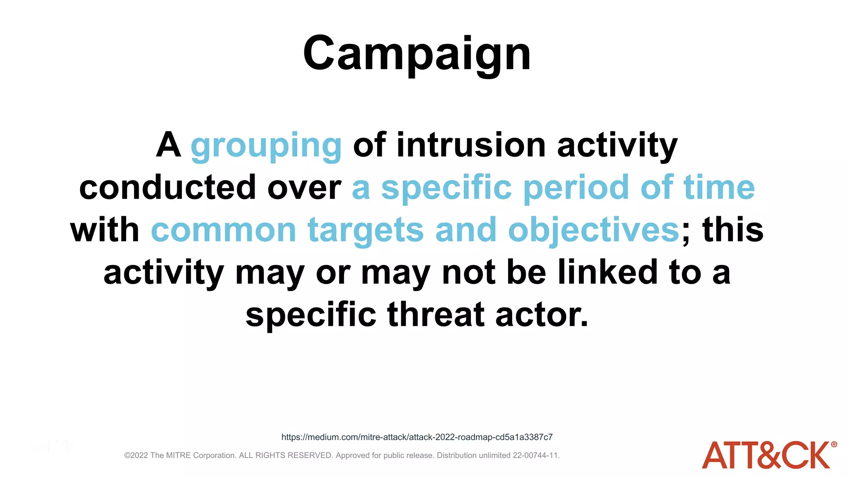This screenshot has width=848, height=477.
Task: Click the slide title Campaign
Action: point(417,54)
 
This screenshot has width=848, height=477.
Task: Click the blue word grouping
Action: point(266,146)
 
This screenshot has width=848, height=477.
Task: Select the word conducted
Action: point(167,188)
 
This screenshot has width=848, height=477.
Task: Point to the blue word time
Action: point(719,188)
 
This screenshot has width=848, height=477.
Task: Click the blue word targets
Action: point(366,231)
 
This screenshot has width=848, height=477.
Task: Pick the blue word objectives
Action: point(593,231)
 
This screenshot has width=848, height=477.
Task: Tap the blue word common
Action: point(224,231)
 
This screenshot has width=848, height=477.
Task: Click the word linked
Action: point(607,272)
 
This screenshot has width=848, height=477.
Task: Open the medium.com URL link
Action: point(417,437)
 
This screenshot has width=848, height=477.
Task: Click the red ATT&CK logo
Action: point(766,455)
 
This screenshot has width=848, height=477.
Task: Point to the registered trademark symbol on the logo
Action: point(834,445)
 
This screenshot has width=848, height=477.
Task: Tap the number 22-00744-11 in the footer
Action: point(536,455)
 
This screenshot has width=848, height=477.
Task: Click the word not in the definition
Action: point(468,272)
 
